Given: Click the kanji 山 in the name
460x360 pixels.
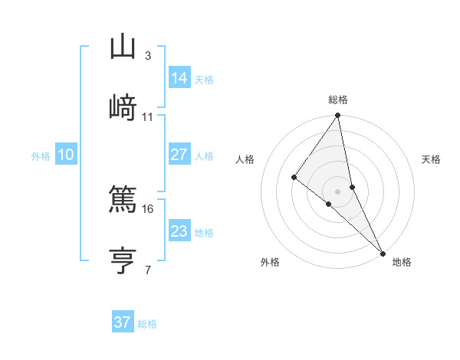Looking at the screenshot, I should pos(123,46).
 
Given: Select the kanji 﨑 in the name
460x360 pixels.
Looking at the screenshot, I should pos(123,107).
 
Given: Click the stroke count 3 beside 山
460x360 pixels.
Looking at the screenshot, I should pos(147,56).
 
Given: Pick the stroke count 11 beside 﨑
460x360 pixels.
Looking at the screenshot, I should pos(148,117).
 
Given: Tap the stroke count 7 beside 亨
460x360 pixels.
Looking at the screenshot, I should pos(147,270).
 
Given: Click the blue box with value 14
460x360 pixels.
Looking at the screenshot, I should pos(179,78).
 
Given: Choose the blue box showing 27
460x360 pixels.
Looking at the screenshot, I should pos(179,155).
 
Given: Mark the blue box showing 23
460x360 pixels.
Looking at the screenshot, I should pos(179,231).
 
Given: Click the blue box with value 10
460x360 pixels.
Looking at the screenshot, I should pos(66,155).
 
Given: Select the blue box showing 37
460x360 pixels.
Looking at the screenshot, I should pos(122,322).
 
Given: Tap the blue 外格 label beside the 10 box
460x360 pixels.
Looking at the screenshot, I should pos(41,156).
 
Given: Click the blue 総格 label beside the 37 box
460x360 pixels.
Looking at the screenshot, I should pos(147,324).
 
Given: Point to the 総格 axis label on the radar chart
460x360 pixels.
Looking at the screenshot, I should pos(338,100).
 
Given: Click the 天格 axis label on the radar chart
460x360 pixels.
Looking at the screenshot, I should pos(432,159).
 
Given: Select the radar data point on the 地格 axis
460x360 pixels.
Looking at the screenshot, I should pos(383,252).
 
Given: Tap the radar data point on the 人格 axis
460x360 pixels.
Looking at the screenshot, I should pos(294,177).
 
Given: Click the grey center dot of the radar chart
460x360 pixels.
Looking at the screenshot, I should pos(338,191).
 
